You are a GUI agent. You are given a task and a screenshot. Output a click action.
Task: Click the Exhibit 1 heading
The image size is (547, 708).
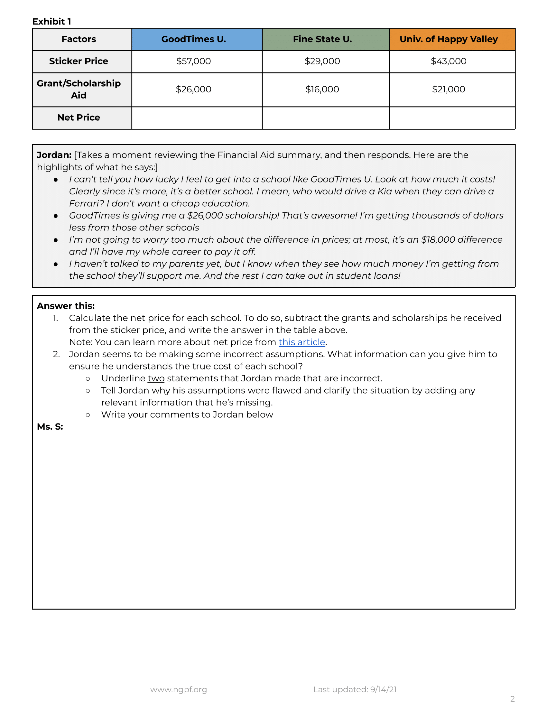click(x=51, y=21)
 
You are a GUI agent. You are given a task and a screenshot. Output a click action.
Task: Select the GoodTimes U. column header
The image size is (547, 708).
click(x=193, y=39)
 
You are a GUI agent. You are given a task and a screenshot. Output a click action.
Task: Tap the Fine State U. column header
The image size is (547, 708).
click(x=322, y=39)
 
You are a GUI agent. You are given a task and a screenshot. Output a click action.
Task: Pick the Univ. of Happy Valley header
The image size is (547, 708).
click(x=449, y=39)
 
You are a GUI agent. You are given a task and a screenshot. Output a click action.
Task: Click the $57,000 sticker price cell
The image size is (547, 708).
click(x=193, y=61)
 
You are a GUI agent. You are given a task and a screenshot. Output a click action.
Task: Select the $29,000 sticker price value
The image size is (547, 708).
click(x=322, y=61)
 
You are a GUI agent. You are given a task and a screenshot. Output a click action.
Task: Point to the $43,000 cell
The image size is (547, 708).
click(x=449, y=61)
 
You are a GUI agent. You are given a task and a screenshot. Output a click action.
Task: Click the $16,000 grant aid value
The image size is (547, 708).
click(x=322, y=89)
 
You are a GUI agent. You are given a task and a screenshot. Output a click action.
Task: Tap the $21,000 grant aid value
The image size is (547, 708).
click(x=449, y=89)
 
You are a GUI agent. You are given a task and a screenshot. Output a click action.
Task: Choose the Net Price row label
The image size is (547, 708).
click(x=79, y=118)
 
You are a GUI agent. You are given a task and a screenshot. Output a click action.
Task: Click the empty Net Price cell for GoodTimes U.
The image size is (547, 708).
click(x=197, y=118)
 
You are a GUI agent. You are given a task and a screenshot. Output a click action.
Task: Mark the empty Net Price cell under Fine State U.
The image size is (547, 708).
click(x=325, y=118)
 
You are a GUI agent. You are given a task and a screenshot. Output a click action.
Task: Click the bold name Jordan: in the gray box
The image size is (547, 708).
click(x=54, y=155)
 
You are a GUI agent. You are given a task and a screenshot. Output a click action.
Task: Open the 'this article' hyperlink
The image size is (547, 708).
click(x=302, y=342)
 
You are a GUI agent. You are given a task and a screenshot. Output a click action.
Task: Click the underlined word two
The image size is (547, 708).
click(x=156, y=379)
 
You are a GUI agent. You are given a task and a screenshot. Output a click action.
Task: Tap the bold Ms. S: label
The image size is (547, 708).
click(x=50, y=427)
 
